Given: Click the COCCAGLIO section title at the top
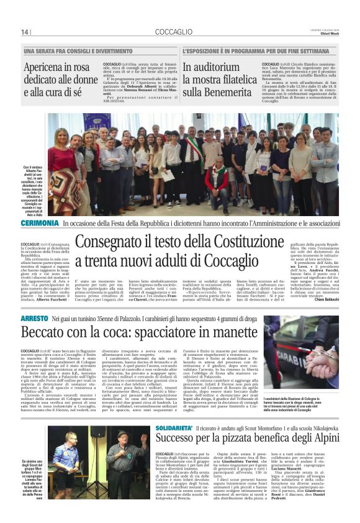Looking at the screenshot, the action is click(x=176, y=32).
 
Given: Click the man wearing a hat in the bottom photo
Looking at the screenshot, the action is click(x=124, y=462).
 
